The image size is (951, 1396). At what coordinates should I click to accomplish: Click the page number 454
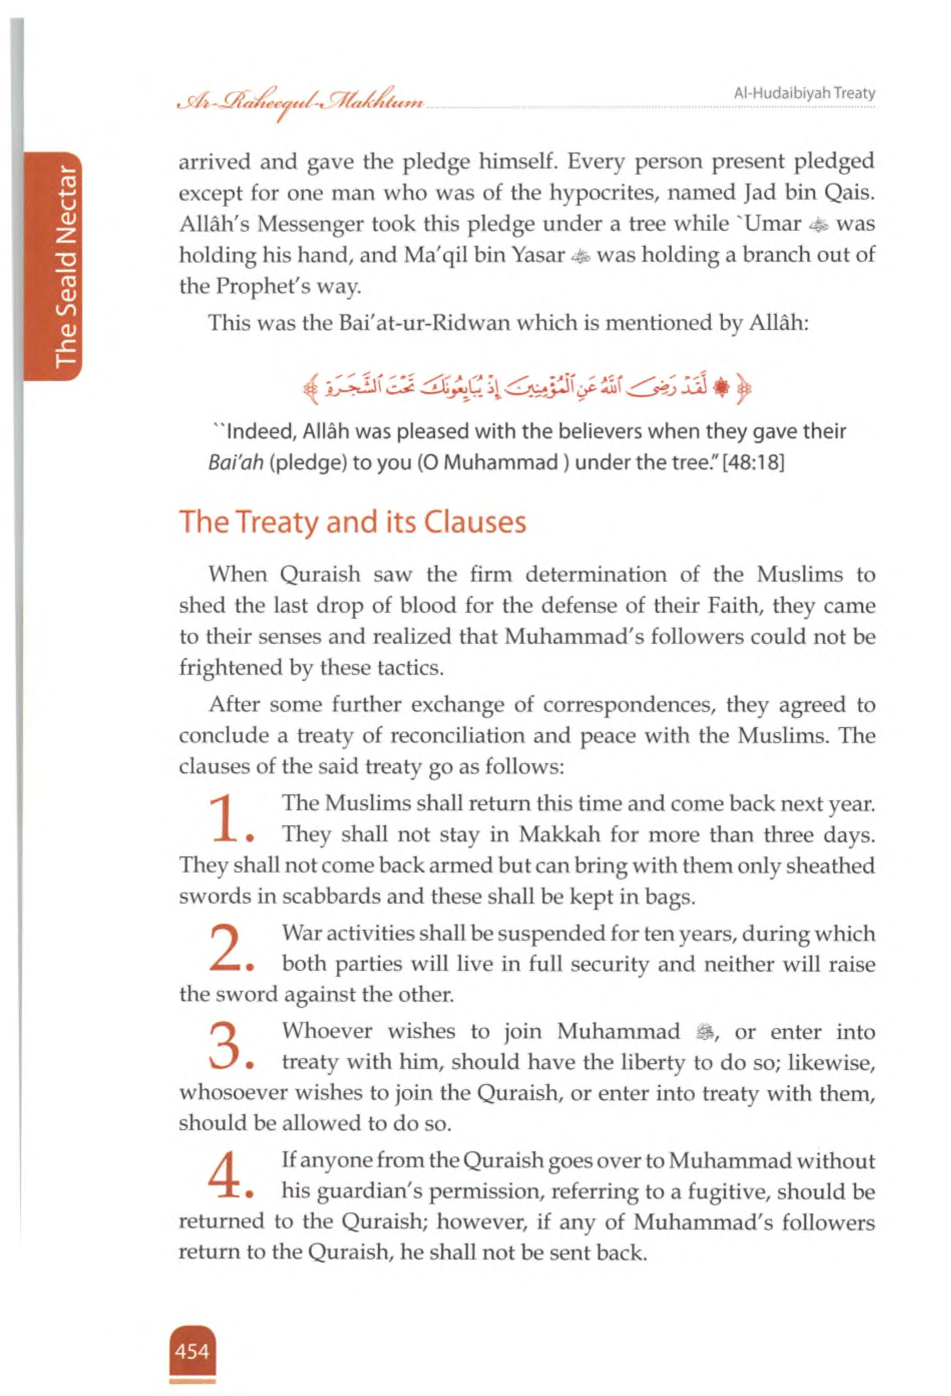(x=192, y=1351)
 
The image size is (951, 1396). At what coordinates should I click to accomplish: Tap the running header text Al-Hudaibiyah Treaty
(x=805, y=93)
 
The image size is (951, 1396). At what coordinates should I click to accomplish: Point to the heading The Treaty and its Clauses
(x=353, y=521)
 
